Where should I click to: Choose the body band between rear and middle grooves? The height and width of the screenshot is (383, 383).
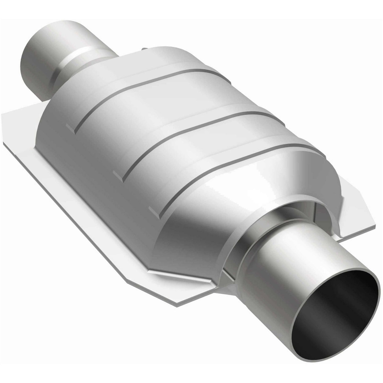pos(148,122)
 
